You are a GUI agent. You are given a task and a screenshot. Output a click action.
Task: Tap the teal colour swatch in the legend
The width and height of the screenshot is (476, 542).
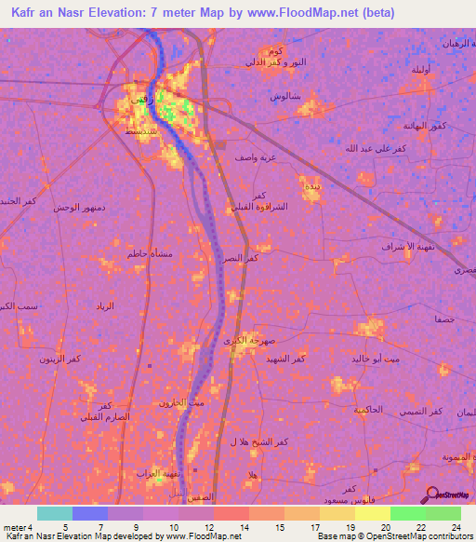(x=54, y=513)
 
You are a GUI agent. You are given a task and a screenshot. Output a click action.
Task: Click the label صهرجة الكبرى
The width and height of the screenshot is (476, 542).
(x=245, y=341)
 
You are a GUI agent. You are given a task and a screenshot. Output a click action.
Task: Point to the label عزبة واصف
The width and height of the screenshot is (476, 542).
(x=255, y=157)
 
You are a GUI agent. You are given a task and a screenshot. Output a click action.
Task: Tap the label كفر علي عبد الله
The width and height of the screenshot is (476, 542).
(x=373, y=148)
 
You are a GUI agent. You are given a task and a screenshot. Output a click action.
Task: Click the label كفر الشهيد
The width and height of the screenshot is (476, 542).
(x=284, y=359)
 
